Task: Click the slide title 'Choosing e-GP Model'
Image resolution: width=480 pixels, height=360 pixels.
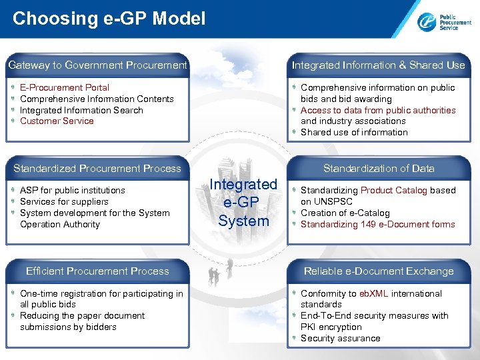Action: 109,19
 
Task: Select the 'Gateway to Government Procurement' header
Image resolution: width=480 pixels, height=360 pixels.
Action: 97,65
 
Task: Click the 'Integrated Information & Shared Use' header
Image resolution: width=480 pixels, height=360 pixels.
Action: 378,65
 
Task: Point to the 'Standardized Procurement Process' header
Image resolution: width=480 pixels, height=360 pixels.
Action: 97,169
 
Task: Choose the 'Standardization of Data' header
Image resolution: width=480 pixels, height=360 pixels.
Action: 378,169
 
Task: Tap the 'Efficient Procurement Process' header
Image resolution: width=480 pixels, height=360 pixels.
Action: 97,271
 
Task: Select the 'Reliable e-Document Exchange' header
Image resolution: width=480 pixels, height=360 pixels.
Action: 378,271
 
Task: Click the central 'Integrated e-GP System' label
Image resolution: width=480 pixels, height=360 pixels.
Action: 243,203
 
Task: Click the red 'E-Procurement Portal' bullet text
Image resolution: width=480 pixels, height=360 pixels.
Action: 65,88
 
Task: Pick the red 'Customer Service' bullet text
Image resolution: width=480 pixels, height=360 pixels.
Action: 57,121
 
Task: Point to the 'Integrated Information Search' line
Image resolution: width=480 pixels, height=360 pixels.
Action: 81,111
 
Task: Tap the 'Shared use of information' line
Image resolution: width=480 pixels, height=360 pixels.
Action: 354,133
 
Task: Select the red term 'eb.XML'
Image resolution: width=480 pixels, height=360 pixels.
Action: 373,294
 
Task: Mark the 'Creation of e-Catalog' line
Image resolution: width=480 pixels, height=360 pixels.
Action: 345,213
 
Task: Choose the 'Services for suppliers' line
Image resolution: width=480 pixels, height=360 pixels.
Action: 64,202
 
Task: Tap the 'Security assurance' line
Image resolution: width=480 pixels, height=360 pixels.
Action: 340,339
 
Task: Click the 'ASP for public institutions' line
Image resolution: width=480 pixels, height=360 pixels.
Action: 73,191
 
